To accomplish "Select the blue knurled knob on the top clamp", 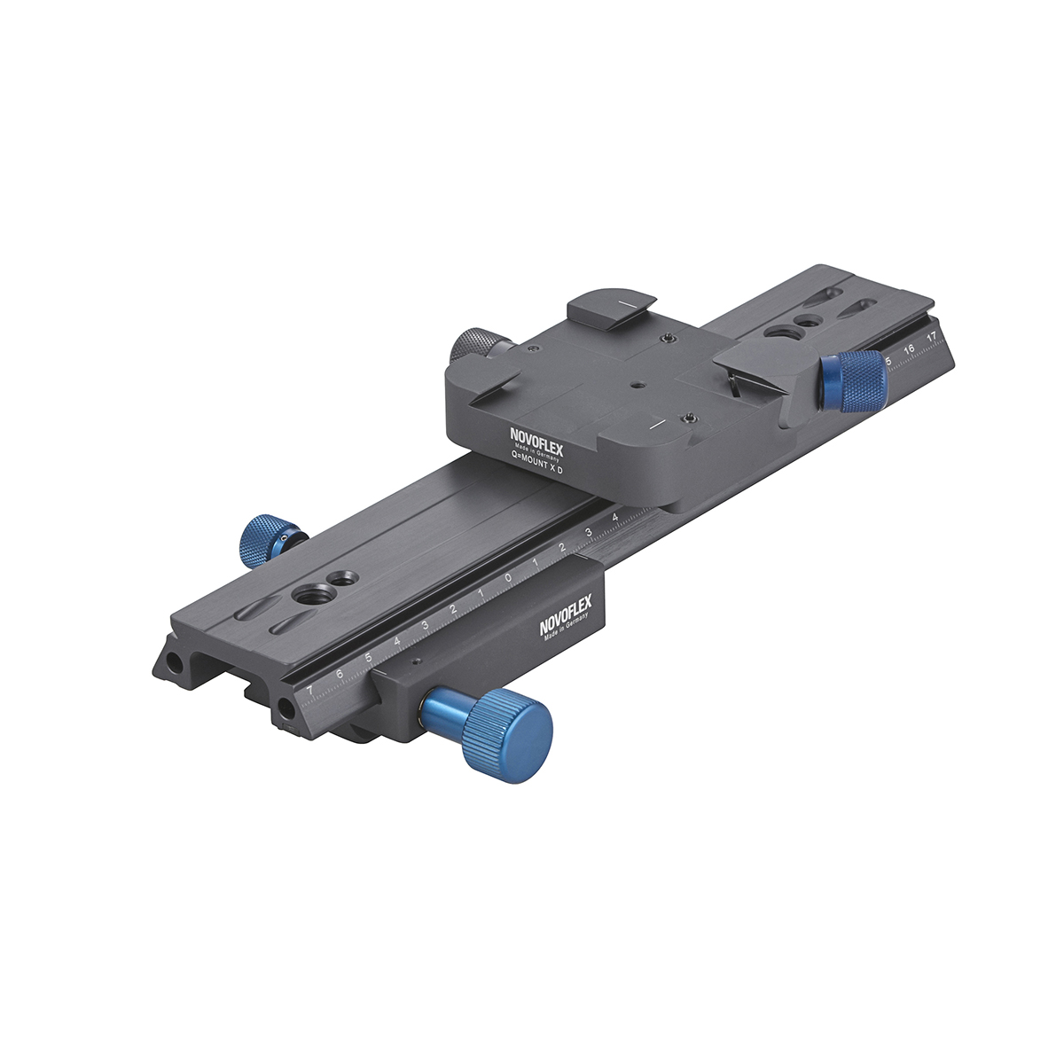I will pyautogui.click(x=853, y=379).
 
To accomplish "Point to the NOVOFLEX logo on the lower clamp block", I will pyautogui.click(x=566, y=616).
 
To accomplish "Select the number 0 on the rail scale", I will pyautogui.click(x=507, y=578).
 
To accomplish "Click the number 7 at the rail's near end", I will pyautogui.click(x=309, y=690).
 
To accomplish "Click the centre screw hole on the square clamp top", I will pyautogui.click(x=638, y=386).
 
